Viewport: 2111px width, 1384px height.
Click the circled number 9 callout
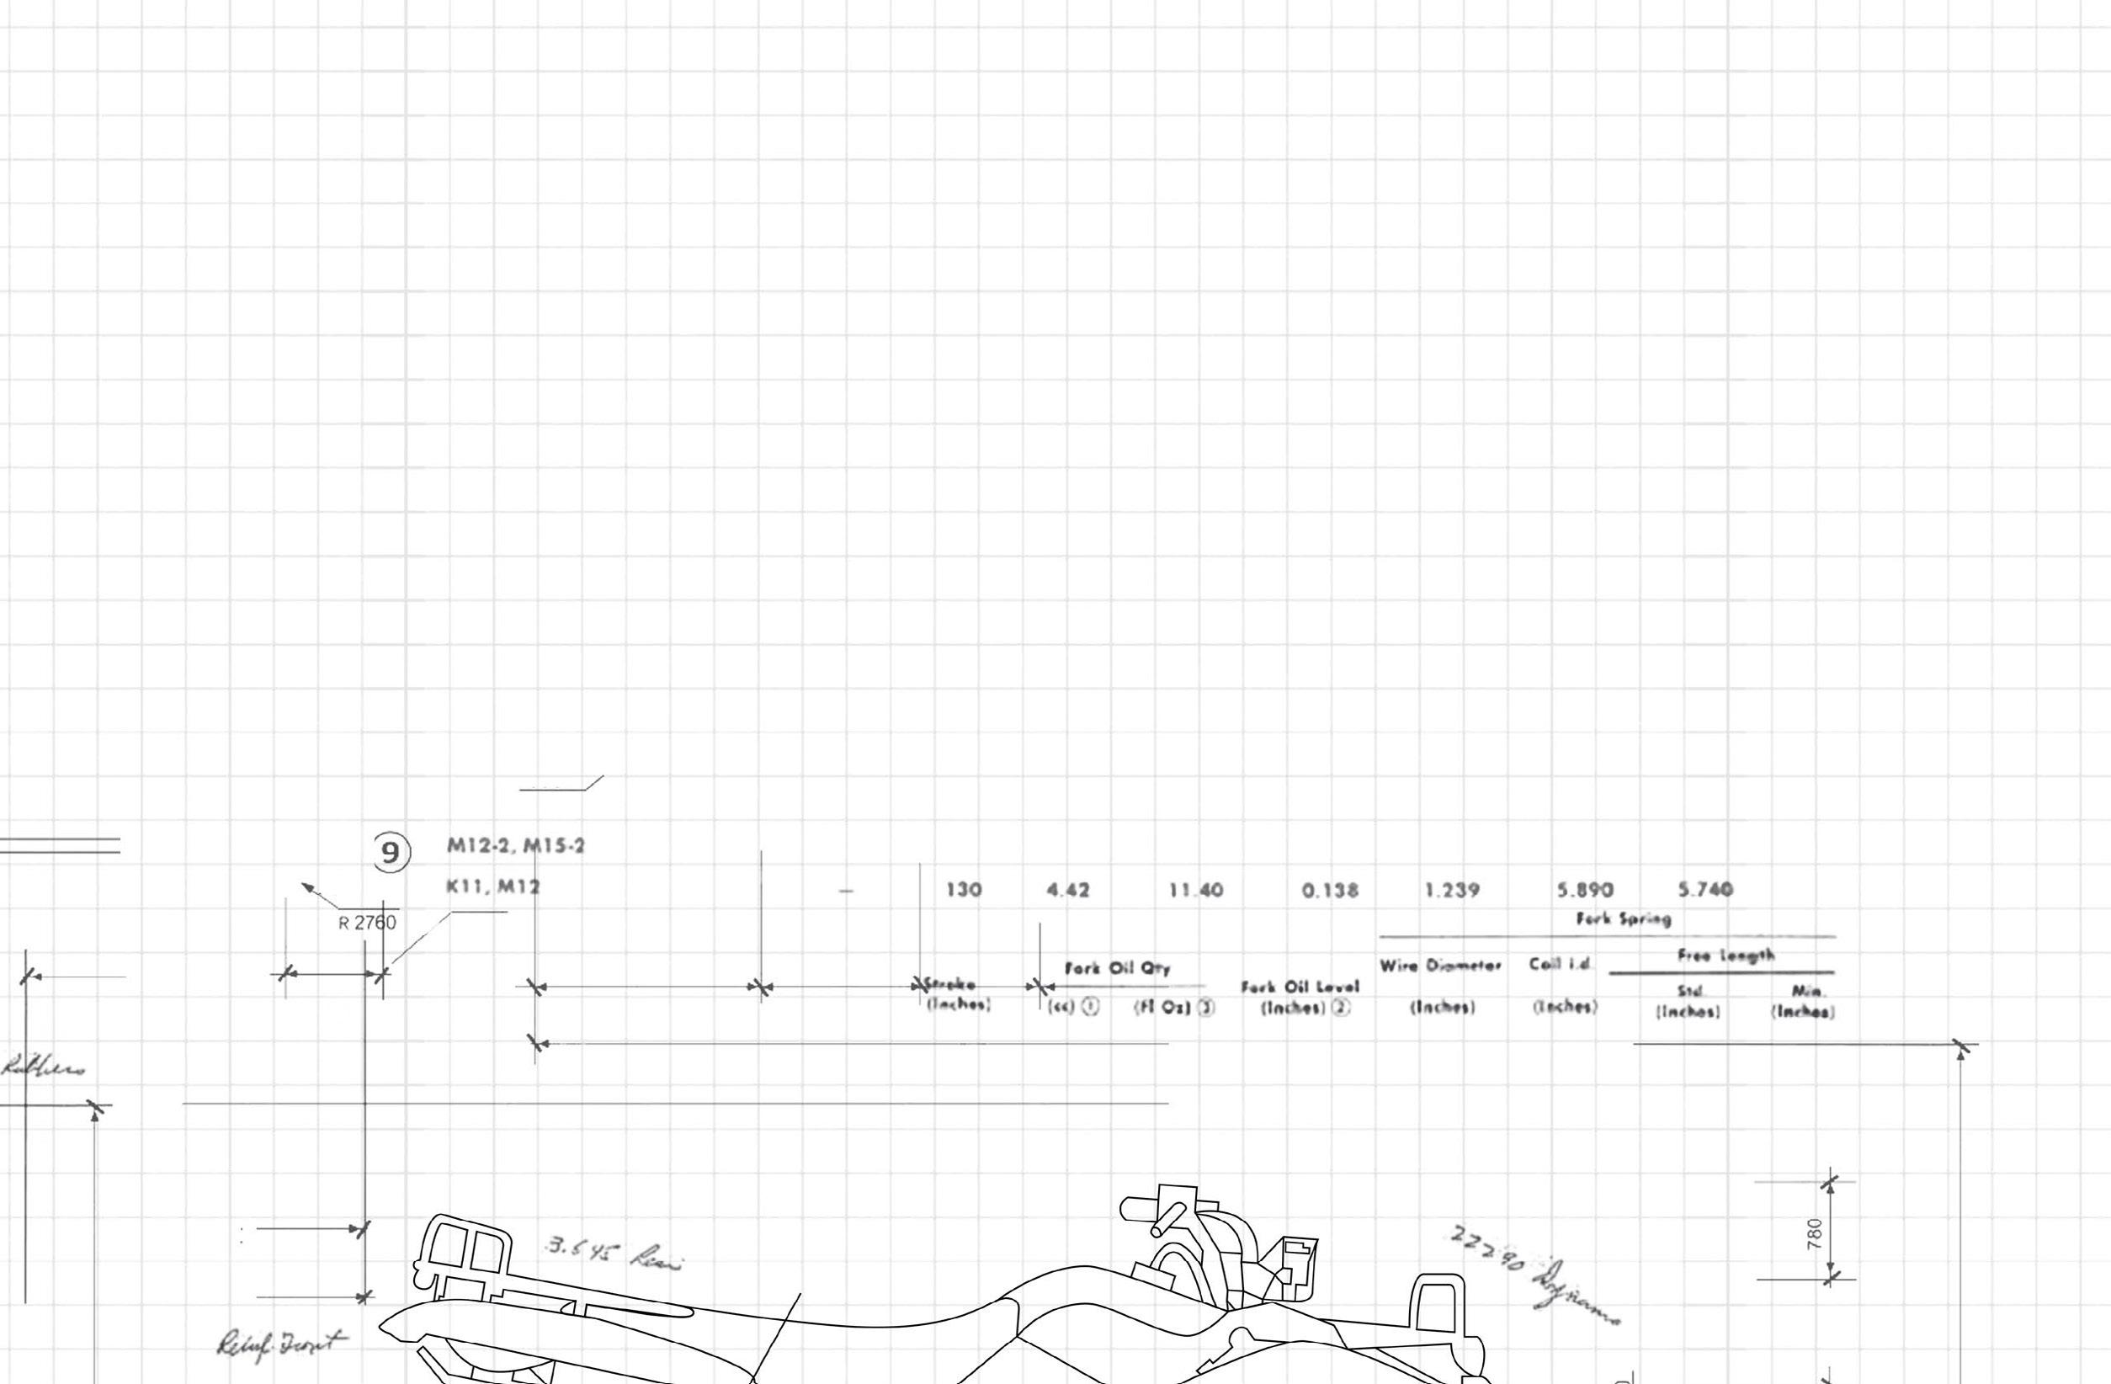[391, 853]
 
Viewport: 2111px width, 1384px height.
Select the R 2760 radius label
[367, 924]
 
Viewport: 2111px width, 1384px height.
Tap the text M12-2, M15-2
[515, 845]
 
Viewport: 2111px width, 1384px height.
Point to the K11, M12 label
[493, 886]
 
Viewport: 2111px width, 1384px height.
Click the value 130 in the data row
[963, 890]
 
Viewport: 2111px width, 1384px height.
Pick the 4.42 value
[1068, 890]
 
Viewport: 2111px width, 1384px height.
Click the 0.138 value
[1330, 891]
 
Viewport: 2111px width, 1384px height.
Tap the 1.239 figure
[1452, 890]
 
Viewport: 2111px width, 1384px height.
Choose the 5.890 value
[1585, 890]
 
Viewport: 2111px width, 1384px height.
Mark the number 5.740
[1704, 889]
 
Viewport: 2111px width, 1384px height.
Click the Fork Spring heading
[1623, 919]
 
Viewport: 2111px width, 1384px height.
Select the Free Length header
[1725, 955]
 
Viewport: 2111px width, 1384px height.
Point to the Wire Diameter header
[1440, 966]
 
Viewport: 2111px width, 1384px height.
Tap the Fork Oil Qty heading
[1118, 969]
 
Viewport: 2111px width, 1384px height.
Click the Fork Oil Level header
[1300, 987]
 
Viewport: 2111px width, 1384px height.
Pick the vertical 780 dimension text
[1814, 1233]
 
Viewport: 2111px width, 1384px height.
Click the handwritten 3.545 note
[612, 1254]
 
